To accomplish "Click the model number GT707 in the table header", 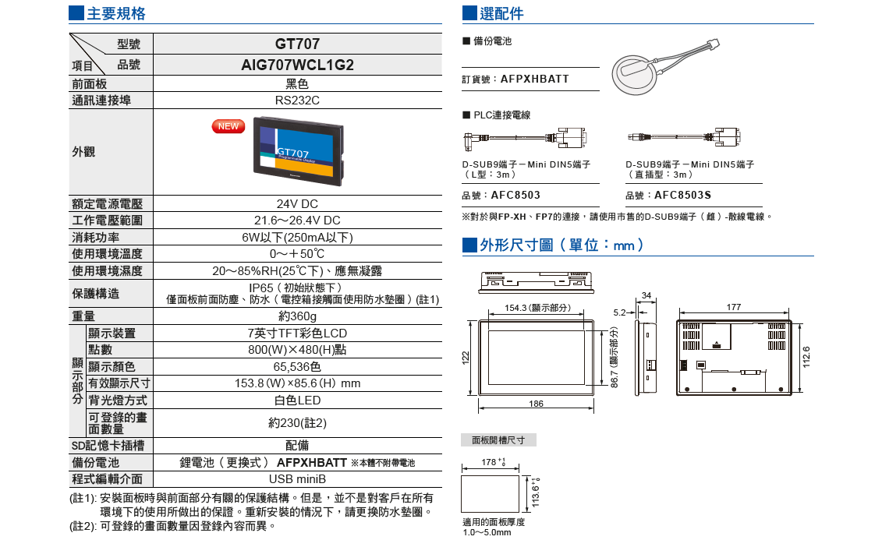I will [x=297, y=44].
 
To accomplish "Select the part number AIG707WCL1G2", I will [x=297, y=65].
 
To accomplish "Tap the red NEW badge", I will [x=228, y=126].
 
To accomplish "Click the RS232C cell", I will [x=297, y=101].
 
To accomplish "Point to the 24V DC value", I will [x=297, y=204].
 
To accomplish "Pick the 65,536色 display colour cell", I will [x=297, y=366].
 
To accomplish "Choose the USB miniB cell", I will [x=297, y=478].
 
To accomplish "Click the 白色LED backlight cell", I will [x=297, y=400].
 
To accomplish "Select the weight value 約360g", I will [x=297, y=316].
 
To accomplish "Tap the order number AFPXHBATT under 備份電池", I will [x=535, y=79].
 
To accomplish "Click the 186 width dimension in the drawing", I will [x=536, y=404].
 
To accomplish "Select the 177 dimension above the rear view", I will [x=733, y=308].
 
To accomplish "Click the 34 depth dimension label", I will [x=646, y=295].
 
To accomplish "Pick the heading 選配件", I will [x=502, y=14].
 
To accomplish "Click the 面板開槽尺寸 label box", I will [x=498, y=440].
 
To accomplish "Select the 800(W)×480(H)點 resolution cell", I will [x=297, y=350].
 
